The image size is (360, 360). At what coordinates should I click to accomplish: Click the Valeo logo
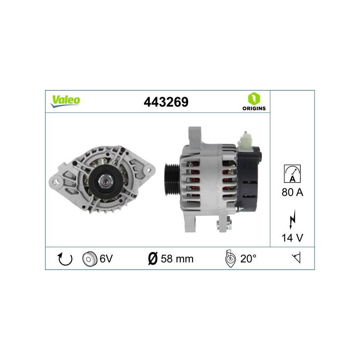coord(65,101)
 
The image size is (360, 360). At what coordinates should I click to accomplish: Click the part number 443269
coord(166,102)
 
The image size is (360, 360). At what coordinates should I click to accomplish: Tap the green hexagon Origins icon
coord(254,99)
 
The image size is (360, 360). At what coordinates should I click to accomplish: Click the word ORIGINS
coord(254,108)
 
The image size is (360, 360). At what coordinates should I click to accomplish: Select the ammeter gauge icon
coord(292,174)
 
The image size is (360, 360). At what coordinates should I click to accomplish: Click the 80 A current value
coord(292,192)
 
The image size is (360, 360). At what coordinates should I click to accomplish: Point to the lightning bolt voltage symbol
coord(292,219)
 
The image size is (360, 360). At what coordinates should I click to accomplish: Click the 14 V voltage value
coord(292,238)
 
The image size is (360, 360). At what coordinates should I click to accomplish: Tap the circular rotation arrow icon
coord(65,259)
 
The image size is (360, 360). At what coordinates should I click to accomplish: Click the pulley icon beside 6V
coord(89,259)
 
